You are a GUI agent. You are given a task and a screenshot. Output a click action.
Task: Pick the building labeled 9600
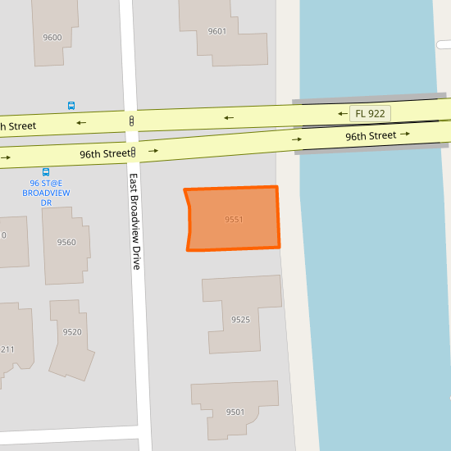coord(52,37)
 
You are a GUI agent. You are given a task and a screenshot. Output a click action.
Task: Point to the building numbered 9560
coord(66,242)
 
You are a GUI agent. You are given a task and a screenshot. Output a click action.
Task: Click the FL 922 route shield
coord(370,113)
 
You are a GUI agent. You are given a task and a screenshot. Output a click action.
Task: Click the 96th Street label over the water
coord(371,135)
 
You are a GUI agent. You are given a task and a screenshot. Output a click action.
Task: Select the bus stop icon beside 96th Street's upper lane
coord(71,106)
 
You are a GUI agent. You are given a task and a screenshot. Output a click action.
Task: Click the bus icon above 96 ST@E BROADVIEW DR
coord(45,172)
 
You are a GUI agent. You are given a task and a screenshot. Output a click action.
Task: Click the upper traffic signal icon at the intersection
coord(131,121)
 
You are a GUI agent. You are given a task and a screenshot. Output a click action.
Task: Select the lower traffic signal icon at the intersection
coord(133,152)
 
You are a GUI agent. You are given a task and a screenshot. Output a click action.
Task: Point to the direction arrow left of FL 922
coord(342,114)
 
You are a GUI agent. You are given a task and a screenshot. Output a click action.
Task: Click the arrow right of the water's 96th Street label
coord(403,134)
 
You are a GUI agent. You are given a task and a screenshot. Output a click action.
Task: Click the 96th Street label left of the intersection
coord(104,153)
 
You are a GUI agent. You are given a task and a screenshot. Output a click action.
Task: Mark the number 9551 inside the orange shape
coord(234,220)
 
